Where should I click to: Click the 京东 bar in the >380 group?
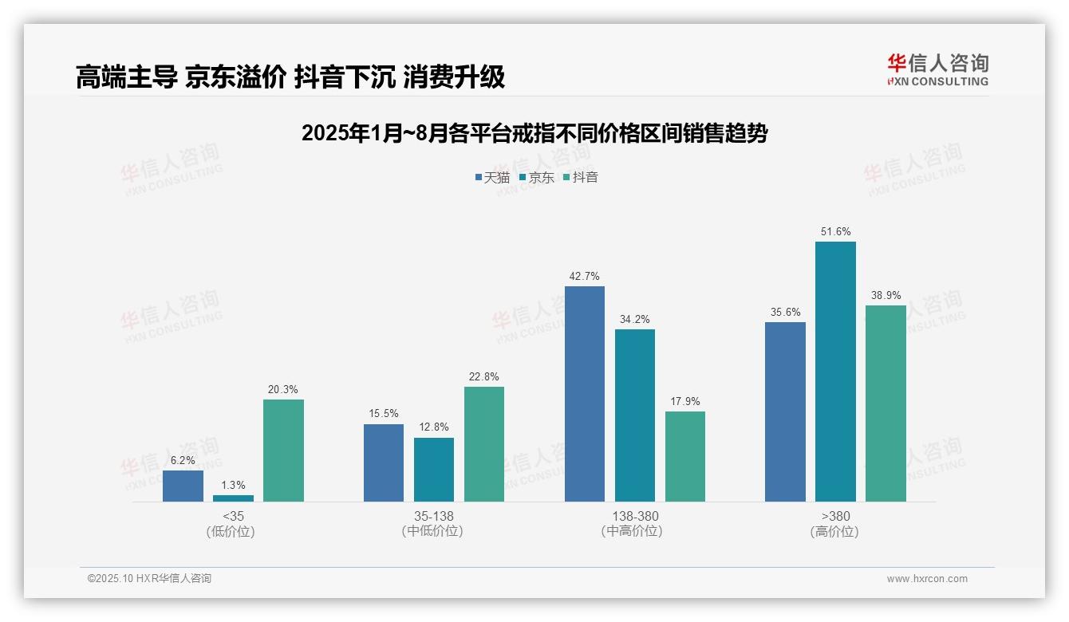(x=835, y=372)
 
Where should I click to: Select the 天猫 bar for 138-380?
(x=585, y=394)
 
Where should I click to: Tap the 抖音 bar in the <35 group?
(x=283, y=451)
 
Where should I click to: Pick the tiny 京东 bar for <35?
(x=233, y=498)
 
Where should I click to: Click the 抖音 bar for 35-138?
(x=484, y=444)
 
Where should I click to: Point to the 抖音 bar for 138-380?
(x=685, y=456)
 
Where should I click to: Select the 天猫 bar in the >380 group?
(x=785, y=411)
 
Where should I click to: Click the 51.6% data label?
(x=835, y=232)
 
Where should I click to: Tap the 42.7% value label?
(x=585, y=277)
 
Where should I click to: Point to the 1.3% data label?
(x=233, y=485)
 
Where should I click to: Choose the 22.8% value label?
(x=484, y=377)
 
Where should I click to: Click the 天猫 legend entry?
(x=492, y=177)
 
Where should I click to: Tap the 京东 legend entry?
(x=536, y=177)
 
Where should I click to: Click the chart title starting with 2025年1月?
(x=534, y=133)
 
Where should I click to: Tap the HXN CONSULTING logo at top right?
(x=937, y=70)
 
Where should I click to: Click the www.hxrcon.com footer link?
(x=927, y=579)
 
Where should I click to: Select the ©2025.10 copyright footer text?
(x=149, y=579)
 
